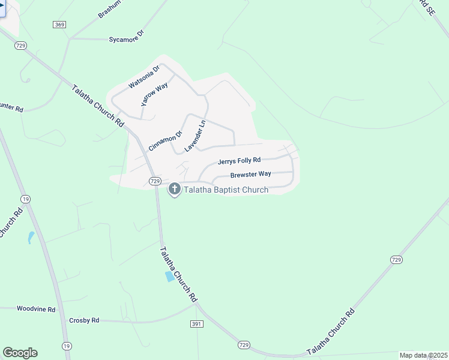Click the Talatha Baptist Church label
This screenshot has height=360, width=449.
pyautogui.click(x=226, y=190)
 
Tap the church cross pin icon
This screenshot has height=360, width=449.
pyautogui.click(x=175, y=190)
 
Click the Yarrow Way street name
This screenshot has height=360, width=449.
pyautogui.click(x=154, y=95)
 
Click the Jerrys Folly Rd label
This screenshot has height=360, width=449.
pyautogui.click(x=239, y=161)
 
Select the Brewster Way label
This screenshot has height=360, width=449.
pyautogui.click(x=251, y=174)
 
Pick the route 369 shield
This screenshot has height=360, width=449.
pyautogui.click(x=59, y=24)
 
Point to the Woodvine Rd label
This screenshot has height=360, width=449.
pyautogui.click(x=36, y=309)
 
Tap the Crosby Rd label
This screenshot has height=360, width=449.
pyautogui.click(x=84, y=320)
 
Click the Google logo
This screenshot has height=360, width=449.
pyautogui.click(x=20, y=353)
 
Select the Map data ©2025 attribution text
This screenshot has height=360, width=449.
pyautogui.click(x=423, y=355)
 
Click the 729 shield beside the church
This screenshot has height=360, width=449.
pyautogui.click(x=154, y=181)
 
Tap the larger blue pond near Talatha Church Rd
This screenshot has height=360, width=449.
pyautogui.click(x=170, y=276)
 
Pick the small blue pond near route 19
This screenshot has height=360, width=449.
pyautogui.click(x=31, y=238)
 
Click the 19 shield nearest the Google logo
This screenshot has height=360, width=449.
pyautogui.click(x=67, y=346)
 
